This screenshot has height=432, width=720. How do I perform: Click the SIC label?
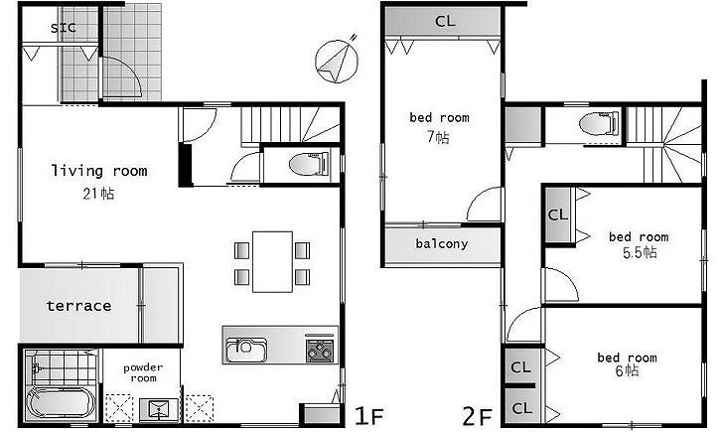coord(64,28)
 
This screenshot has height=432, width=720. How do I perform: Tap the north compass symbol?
coord(337,61)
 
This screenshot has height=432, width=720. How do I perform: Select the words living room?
coord(99,171)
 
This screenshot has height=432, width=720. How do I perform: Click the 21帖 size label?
coord(98,194)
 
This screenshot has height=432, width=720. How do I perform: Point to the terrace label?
coord(79,306)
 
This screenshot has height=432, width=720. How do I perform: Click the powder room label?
coord(143,372)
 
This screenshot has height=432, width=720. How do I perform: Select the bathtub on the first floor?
coord(61,402)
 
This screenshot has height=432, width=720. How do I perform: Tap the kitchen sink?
coord(246,351)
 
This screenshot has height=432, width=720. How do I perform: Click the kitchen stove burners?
coord(320,349)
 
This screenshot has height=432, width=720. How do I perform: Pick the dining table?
coord(272,261)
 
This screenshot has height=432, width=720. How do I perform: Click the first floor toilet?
coord(309,164)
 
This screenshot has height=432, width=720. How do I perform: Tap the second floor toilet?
coord(599,123)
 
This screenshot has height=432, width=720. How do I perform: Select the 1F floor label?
coord(368,416)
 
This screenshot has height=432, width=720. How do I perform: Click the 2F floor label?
coord(477,417)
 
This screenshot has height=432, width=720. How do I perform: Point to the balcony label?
coord(442,243)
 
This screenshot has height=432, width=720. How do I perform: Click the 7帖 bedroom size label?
coord(439,137)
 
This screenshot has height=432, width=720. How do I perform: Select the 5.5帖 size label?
coord(640,252)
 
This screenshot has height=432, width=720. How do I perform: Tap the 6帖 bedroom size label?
coord(627,370)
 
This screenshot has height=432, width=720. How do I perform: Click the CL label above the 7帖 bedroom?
coord(445,21)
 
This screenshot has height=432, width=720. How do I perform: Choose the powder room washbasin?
coord(159,408)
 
